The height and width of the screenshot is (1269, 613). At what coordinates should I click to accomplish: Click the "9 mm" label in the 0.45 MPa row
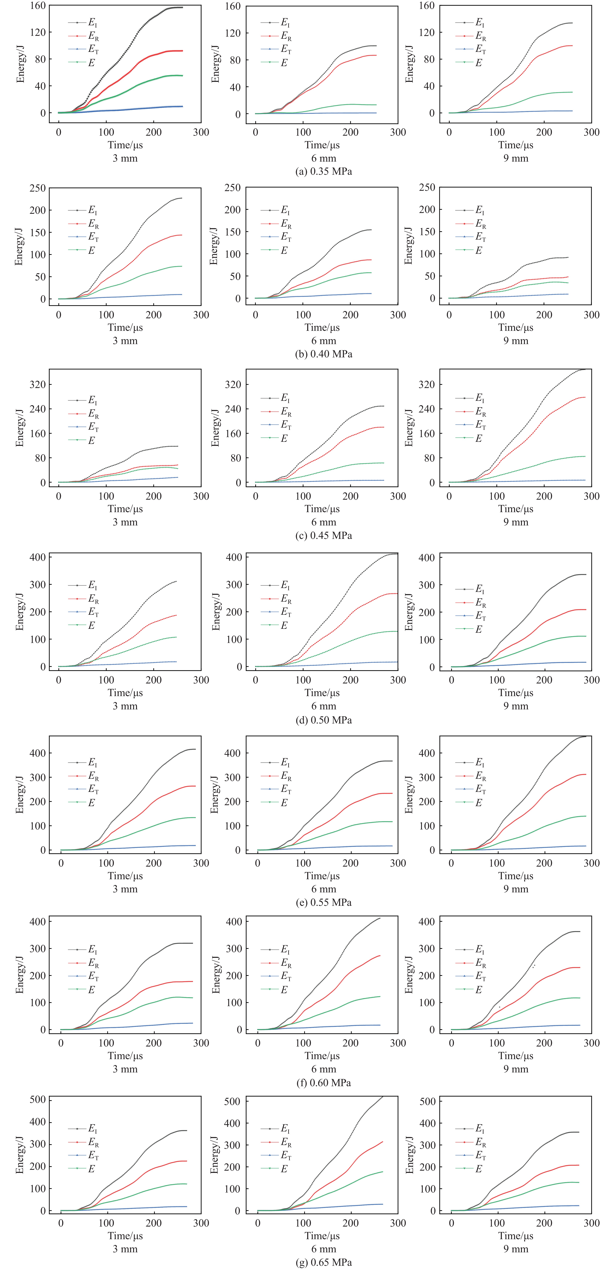(515, 522)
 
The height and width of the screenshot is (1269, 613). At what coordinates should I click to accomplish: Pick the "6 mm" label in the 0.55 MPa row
(323, 889)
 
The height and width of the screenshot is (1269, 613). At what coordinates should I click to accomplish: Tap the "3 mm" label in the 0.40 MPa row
(125, 340)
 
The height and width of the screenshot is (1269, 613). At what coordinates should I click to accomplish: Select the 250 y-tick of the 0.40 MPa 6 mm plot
(232, 188)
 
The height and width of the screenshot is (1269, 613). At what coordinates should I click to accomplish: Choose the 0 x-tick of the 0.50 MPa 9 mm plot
(451, 680)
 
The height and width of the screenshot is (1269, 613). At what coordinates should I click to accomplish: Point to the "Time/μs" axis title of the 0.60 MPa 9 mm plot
(515, 1056)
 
